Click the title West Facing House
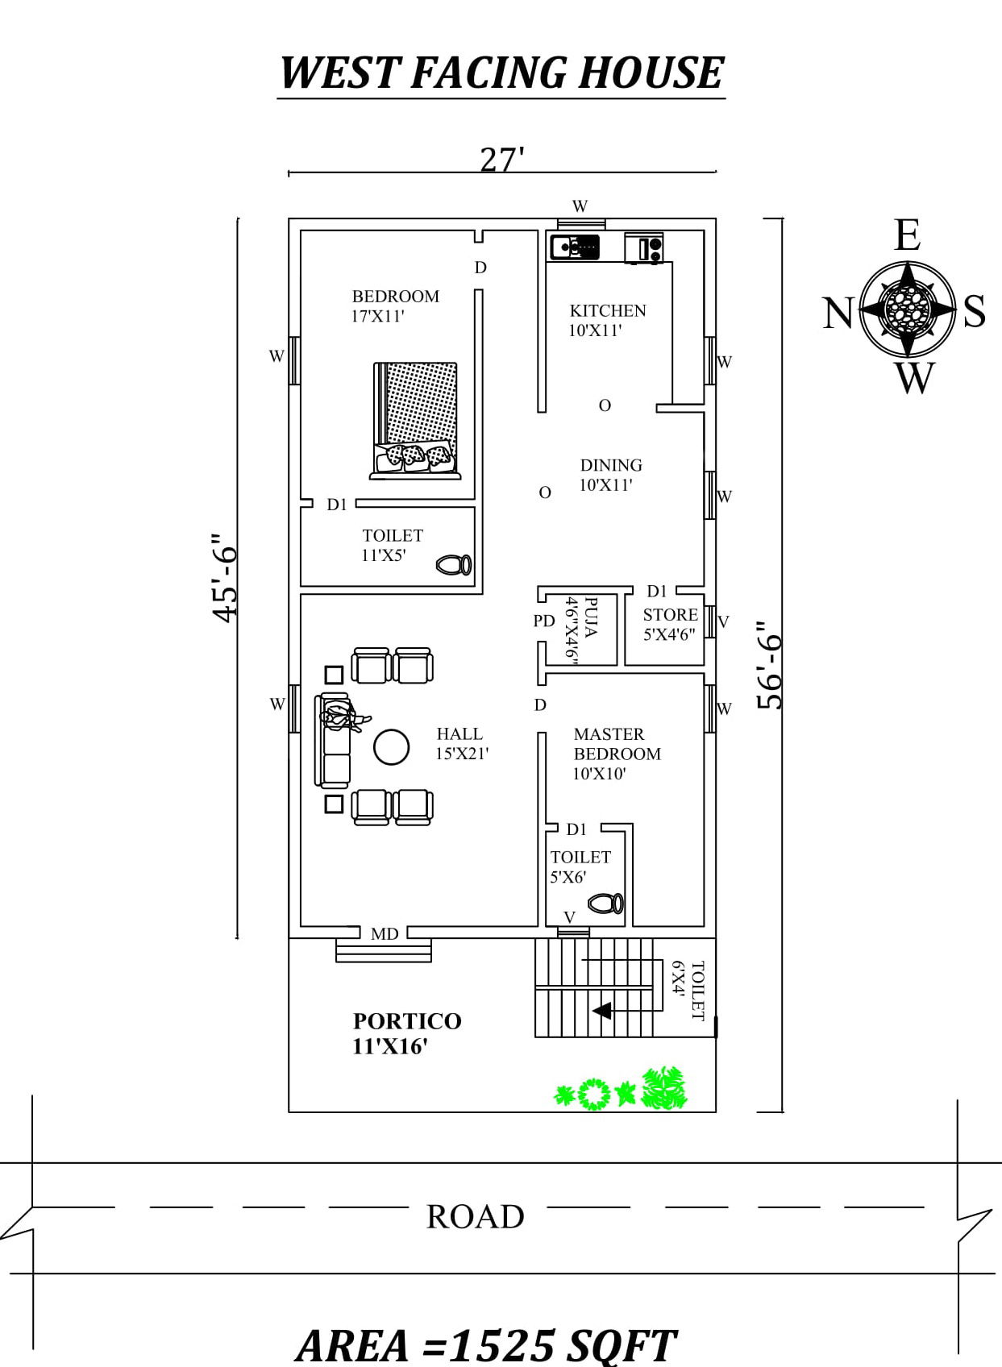coord(501,73)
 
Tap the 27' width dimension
coord(501,160)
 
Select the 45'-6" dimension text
coord(225,577)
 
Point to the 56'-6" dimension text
coord(770,665)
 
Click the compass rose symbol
coord(907,309)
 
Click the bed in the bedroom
coord(416,420)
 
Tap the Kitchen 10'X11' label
coord(607,320)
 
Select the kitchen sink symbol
coord(574,246)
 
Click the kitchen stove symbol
coord(644,248)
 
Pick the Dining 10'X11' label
coord(610,475)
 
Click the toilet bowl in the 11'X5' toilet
coord(455,564)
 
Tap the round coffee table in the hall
coord(392,747)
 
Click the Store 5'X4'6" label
coord(670,624)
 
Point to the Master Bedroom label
coord(616,753)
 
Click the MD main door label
coord(385,933)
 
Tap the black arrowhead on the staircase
coord(602,1010)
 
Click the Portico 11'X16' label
coord(406,1033)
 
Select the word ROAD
coord(475,1216)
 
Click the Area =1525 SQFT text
coord(486,1344)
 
